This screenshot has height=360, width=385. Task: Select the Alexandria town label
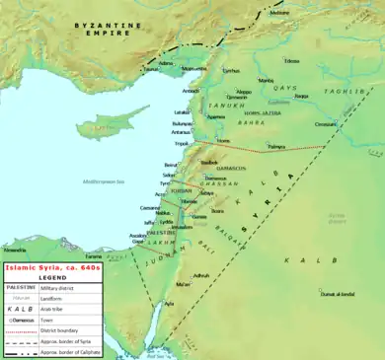point(15,251)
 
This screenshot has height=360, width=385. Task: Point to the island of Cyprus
point(105,125)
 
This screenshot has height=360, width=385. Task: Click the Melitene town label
point(280,13)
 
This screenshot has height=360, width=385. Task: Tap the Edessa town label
point(292,61)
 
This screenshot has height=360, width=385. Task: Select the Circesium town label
point(353,124)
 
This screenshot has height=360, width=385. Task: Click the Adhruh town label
point(201,275)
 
